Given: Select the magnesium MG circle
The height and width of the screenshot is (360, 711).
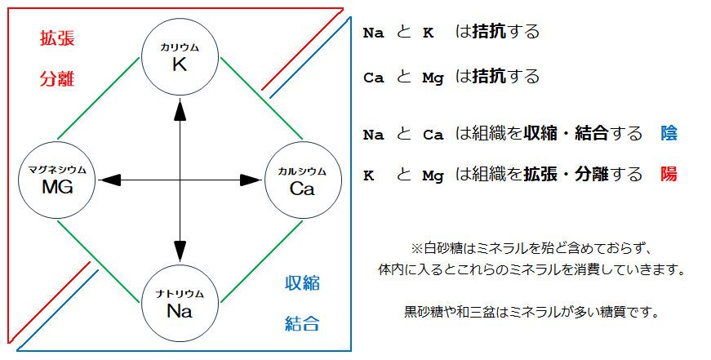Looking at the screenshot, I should point(56,179).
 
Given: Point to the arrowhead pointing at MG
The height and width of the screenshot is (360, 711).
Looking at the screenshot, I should point(109,179).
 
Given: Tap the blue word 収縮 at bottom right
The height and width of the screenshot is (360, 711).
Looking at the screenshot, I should point(302,283).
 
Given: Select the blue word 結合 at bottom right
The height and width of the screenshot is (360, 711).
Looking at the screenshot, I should point(302,324).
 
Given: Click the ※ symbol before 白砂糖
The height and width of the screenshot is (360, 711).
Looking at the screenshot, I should point(415,248).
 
